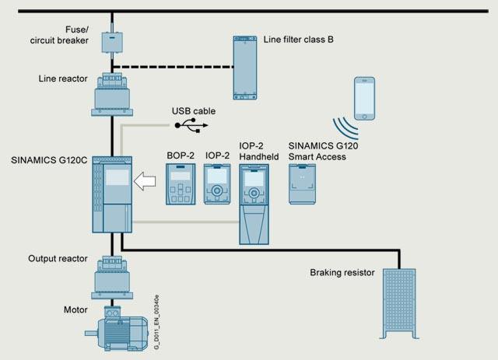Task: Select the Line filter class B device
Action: click(245, 67)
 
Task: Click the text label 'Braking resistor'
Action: click(342, 273)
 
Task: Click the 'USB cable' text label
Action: click(194, 110)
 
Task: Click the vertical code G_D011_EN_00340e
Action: click(156, 319)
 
